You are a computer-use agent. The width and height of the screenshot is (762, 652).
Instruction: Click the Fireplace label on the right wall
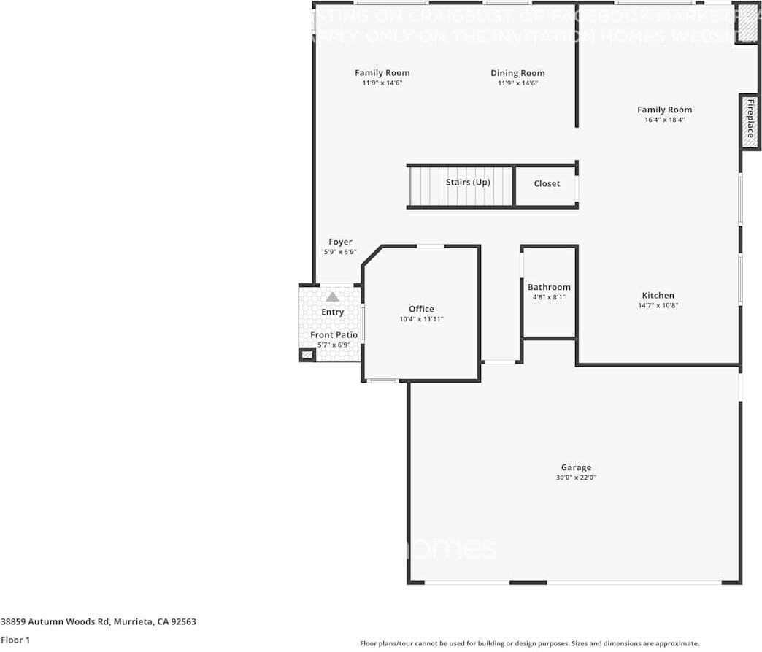[x=750, y=119]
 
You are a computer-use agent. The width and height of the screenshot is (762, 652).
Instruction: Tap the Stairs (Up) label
[x=468, y=182]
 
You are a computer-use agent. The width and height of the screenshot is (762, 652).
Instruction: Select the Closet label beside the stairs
[x=547, y=183]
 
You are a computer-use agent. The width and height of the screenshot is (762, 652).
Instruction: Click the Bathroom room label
[x=549, y=287]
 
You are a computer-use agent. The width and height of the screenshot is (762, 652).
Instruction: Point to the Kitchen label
[x=658, y=296]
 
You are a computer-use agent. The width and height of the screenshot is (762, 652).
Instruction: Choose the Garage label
[x=576, y=467]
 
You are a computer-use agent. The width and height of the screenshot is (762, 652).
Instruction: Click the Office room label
[x=421, y=309]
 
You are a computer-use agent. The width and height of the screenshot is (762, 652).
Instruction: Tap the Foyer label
[x=340, y=242]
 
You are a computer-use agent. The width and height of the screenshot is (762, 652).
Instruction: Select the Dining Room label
[x=517, y=73]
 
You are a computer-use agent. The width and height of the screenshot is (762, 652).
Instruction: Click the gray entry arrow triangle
[x=333, y=296]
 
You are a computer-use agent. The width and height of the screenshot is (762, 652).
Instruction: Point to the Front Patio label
[x=334, y=334]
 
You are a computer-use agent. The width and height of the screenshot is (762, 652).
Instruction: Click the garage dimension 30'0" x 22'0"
[x=576, y=478]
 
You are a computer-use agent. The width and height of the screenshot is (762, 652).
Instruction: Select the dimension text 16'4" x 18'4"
[x=664, y=120]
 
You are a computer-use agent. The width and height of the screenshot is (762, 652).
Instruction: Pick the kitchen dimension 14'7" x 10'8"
[x=658, y=306]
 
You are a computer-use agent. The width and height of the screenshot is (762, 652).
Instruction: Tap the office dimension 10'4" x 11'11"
[x=421, y=319]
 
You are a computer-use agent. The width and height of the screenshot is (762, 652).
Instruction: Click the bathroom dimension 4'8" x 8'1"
[x=549, y=297]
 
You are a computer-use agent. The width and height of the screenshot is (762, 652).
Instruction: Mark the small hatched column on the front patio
[x=307, y=355]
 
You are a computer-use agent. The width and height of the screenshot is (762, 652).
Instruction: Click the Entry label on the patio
[x=333, y=312]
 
